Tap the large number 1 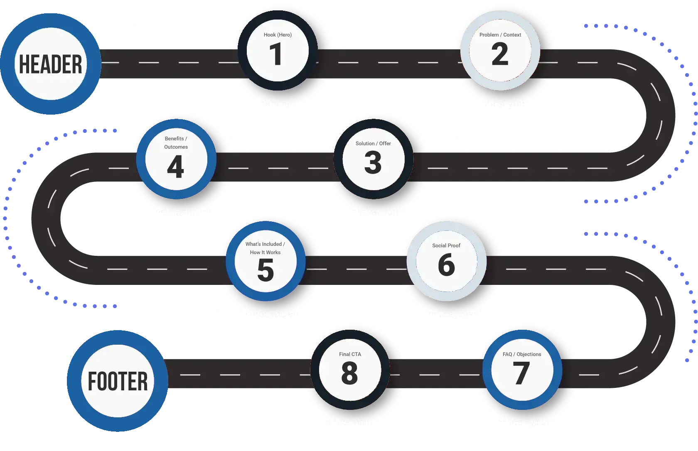276,54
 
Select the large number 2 500,54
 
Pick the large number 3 373,163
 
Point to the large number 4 175,167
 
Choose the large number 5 265,270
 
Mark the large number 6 446,265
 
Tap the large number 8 349,373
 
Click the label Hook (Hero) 278,35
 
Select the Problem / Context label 500,35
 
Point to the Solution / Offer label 373,143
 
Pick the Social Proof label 446,245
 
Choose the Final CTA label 350,354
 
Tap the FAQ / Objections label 521,354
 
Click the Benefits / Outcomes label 176,142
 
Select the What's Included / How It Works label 265,248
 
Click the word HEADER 51,64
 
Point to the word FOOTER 118,381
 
